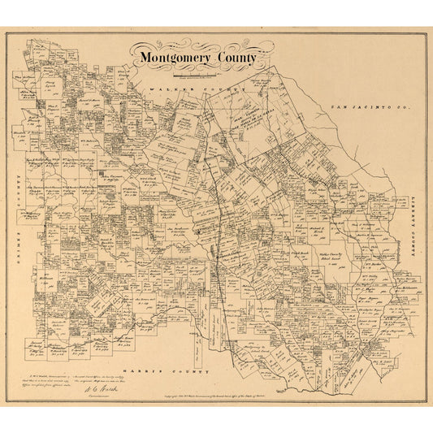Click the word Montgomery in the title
(x=174, y=58)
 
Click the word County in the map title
(x=236, y=58)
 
